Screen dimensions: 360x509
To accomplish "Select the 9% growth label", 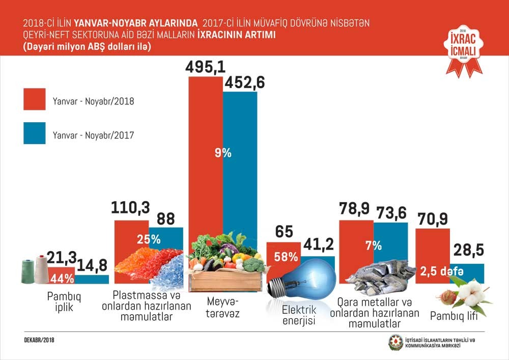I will (x=223, y=152).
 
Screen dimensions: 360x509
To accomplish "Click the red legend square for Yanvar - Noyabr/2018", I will (x=35, y=99).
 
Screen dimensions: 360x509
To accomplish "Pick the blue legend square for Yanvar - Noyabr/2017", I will (x=35, y=133).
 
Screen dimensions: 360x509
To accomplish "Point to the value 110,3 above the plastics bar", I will (x=130, y=208).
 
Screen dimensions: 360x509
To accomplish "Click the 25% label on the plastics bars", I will (x=148, y=238).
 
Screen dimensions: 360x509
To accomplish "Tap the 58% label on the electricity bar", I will (x=286, y=257).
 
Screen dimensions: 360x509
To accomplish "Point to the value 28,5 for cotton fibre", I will (x=468, y=251).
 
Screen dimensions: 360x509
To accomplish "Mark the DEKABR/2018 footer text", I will (x=40, y=339).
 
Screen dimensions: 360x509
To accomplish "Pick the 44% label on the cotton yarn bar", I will (x=61, y=279).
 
